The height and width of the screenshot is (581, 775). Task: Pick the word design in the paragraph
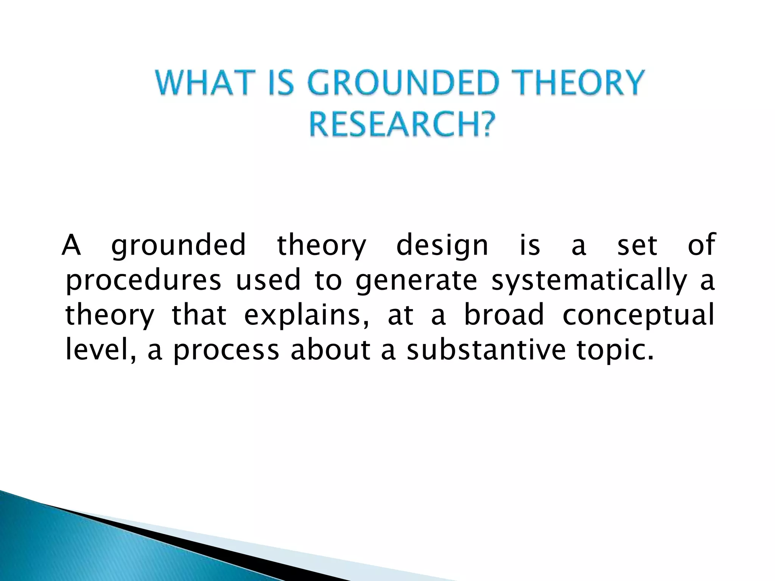coord(442,246)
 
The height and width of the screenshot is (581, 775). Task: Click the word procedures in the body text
coord(143,281)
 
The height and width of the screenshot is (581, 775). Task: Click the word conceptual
coord(638,316)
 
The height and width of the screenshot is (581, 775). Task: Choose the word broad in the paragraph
coord(504,315)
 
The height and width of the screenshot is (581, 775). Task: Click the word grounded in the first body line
coord(179,246)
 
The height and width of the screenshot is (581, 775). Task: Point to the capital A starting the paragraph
coord(72,245)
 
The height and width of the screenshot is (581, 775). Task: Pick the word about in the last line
coord(330,350)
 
